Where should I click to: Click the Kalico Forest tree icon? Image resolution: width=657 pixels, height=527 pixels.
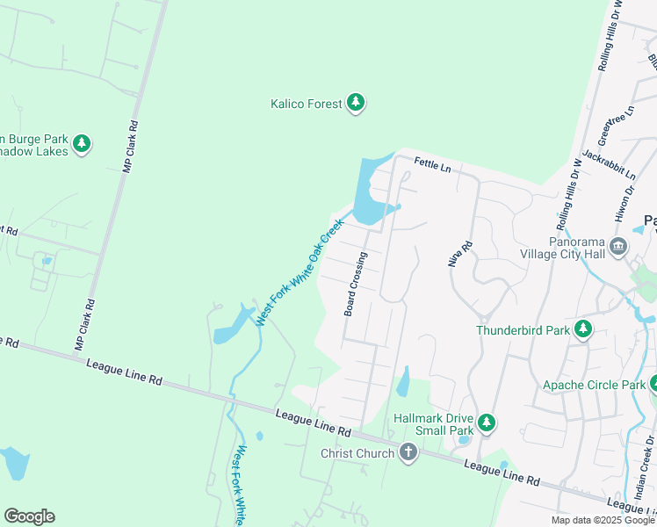pos(356,103)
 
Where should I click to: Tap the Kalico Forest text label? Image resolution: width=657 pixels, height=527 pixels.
pos(306,104)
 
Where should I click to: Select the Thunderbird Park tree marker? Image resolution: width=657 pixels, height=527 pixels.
pos(582,329)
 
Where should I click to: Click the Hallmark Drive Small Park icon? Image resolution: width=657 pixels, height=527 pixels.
pos(486,423)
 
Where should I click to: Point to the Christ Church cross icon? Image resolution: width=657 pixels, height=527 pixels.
pos(408,452)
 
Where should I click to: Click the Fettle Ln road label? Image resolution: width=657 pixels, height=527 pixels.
pos(432,164)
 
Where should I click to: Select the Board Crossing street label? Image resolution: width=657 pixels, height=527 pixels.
pos(356,285)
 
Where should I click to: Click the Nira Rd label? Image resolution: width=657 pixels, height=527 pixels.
pos(455,254)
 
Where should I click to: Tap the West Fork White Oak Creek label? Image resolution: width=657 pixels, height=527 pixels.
pos(299,273)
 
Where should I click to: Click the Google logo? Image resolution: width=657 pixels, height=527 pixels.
pos(29,516)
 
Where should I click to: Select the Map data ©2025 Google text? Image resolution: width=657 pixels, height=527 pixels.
pos(603,520)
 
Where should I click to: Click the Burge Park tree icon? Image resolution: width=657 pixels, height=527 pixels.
pos(82,142)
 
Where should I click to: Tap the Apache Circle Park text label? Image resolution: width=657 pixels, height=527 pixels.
pos(594,385)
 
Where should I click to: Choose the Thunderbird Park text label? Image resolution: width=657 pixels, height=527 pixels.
pos(523,330)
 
